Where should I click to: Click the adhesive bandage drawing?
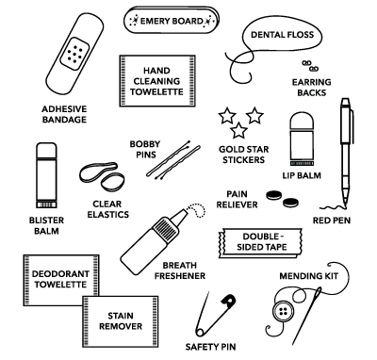point(72,57)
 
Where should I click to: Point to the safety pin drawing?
point(215,319)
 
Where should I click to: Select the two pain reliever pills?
point(280,199)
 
